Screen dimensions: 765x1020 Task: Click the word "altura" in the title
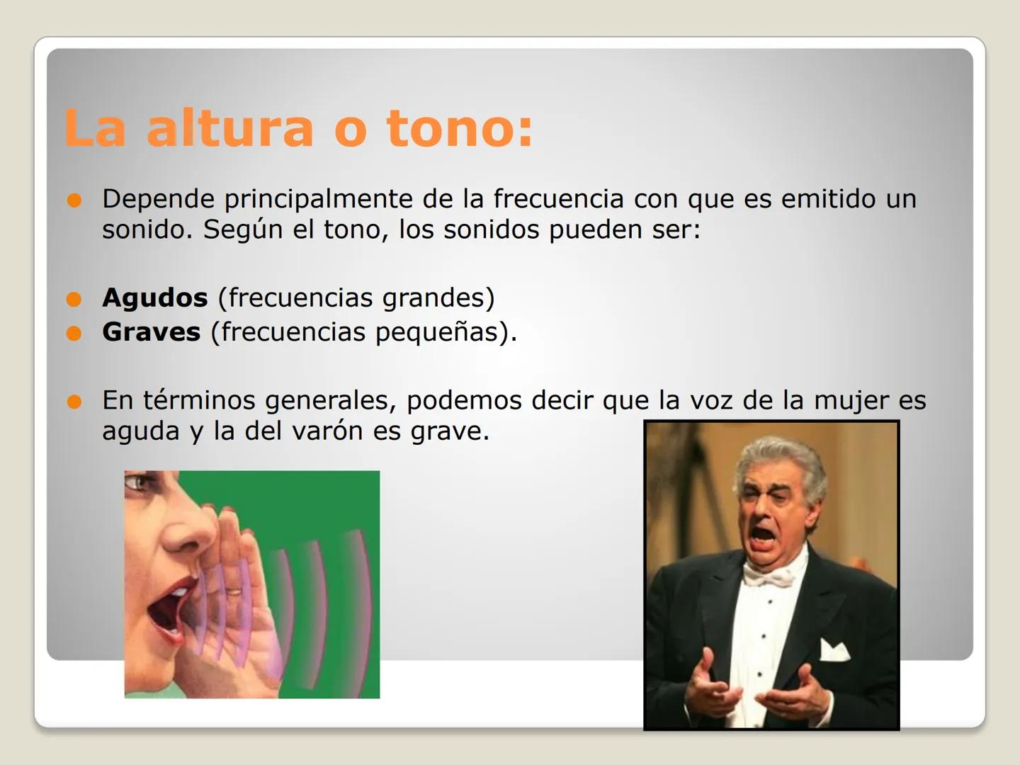click(229, 129)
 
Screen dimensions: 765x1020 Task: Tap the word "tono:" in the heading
click(459, 129)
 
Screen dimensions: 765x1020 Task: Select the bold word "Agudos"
click(154, 298)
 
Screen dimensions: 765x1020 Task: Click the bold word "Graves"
click(151, 332)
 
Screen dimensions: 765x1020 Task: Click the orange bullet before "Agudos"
click(74, 300)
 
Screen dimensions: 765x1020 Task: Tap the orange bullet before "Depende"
click(74, 200)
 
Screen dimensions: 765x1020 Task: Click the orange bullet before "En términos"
click(74, 402)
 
